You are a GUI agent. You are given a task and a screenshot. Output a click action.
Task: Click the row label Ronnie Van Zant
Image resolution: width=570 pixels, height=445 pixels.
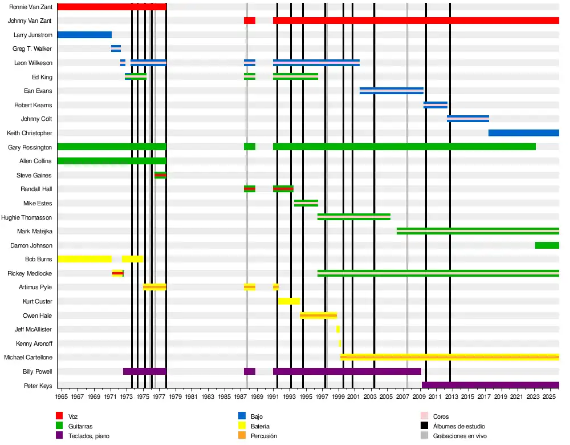coord(31,7)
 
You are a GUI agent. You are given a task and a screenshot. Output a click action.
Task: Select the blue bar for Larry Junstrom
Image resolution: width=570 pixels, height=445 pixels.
coord(84,35)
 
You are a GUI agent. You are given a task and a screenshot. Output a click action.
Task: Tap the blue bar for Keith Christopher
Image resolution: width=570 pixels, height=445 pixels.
coord(523,133)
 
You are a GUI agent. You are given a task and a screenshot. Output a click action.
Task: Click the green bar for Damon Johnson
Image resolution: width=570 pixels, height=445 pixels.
coord(547,245)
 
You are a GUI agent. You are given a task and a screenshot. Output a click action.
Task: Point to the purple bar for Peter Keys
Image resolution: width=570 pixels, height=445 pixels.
coord(490,385)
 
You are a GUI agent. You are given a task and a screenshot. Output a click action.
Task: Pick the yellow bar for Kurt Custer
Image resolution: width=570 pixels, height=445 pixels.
coord(289,301)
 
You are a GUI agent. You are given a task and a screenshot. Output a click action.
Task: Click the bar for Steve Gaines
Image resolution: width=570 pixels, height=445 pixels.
coord(160,175)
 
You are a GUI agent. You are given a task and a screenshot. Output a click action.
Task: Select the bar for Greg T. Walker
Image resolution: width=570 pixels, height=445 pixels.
coord(116,48)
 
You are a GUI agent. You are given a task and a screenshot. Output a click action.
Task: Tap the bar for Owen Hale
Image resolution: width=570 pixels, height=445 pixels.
coord(318,315)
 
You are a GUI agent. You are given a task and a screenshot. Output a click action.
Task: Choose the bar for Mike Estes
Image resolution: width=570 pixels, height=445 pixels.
coord(306,203)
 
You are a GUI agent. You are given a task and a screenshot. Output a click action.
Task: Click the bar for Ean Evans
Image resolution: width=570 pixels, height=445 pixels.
coord(392,91)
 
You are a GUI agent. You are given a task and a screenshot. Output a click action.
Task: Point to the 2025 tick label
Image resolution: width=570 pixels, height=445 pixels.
coord(549,397)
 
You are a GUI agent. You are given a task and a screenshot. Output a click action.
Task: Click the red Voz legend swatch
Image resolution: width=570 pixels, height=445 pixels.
coord(59,416)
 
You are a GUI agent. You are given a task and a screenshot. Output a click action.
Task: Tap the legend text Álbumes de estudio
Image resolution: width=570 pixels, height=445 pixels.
coord(459,426)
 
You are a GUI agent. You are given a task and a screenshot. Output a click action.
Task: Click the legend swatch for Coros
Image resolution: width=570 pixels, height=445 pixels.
coord(424,416)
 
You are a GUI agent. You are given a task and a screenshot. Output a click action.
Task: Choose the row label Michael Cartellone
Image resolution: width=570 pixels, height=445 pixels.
coord(28,358)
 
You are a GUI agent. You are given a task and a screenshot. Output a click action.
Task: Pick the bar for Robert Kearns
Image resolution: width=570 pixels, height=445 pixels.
coord(435,105)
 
